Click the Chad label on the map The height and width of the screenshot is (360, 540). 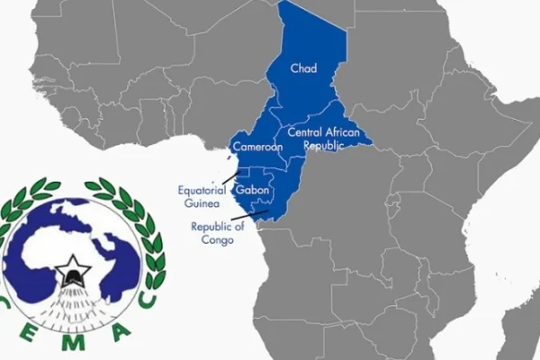point(302,68)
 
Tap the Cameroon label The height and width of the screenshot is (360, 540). point(259,147)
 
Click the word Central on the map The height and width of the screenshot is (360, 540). point(305,132)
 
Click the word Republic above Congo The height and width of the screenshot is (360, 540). point(211,227)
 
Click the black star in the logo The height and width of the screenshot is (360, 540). point(69,266)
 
